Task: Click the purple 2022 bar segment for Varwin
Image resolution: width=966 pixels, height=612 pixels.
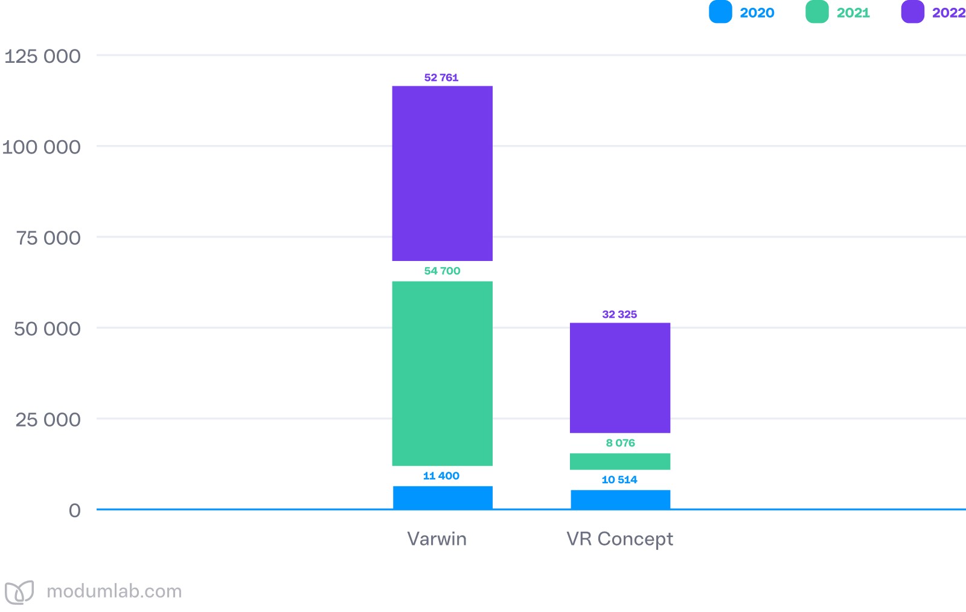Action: (x=442, y=173)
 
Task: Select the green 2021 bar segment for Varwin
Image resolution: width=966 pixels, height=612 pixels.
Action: (x=442, y=373)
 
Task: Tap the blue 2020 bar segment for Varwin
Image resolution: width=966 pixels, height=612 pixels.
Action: (x=443, y=497)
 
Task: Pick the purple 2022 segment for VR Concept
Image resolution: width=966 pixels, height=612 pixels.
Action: (x=620, y=378)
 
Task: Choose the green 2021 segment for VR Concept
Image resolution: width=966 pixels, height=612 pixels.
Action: (x=620, y=462)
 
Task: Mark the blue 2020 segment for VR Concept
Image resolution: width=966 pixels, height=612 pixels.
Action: (x=620, y=500)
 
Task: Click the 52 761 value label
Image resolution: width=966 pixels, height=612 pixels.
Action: (x=441, y=77)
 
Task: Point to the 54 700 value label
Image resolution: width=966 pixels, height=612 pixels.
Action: (x=442, y=271)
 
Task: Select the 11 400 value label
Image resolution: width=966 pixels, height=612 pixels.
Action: (x=441, y=476)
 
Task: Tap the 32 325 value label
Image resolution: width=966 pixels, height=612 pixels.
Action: (x=619, y=314)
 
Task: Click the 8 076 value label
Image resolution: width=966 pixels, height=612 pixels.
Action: (x=620, y=443)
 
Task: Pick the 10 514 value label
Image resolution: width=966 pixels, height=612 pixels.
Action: (x=619, y=480)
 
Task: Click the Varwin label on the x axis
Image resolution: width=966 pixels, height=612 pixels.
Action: (x=437, y=539)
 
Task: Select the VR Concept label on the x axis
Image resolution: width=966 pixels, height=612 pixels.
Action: (x=619, y=539)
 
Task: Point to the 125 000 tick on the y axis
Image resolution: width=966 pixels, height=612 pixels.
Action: (x=42, y=56)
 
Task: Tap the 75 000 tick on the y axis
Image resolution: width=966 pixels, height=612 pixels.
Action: (x=48, y=238)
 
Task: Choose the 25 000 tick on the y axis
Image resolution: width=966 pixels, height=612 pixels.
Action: (x=48, y=419)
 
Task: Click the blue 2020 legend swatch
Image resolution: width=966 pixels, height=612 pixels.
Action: (x=720, y=12)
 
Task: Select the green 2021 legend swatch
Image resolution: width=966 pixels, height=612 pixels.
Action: (x=817, y=12)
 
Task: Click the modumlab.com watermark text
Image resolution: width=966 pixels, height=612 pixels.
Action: (x=114, y=591)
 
